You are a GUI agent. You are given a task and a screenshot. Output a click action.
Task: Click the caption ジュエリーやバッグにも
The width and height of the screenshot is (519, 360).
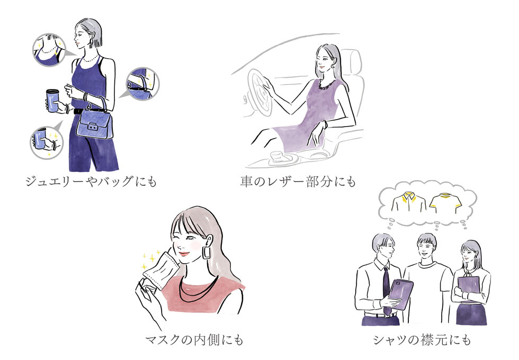click(91, 182)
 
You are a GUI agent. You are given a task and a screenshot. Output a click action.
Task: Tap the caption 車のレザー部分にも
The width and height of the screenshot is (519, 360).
click(298, 182)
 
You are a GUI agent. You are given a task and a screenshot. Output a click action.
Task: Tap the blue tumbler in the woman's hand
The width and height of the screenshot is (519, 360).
click(53, 100)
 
